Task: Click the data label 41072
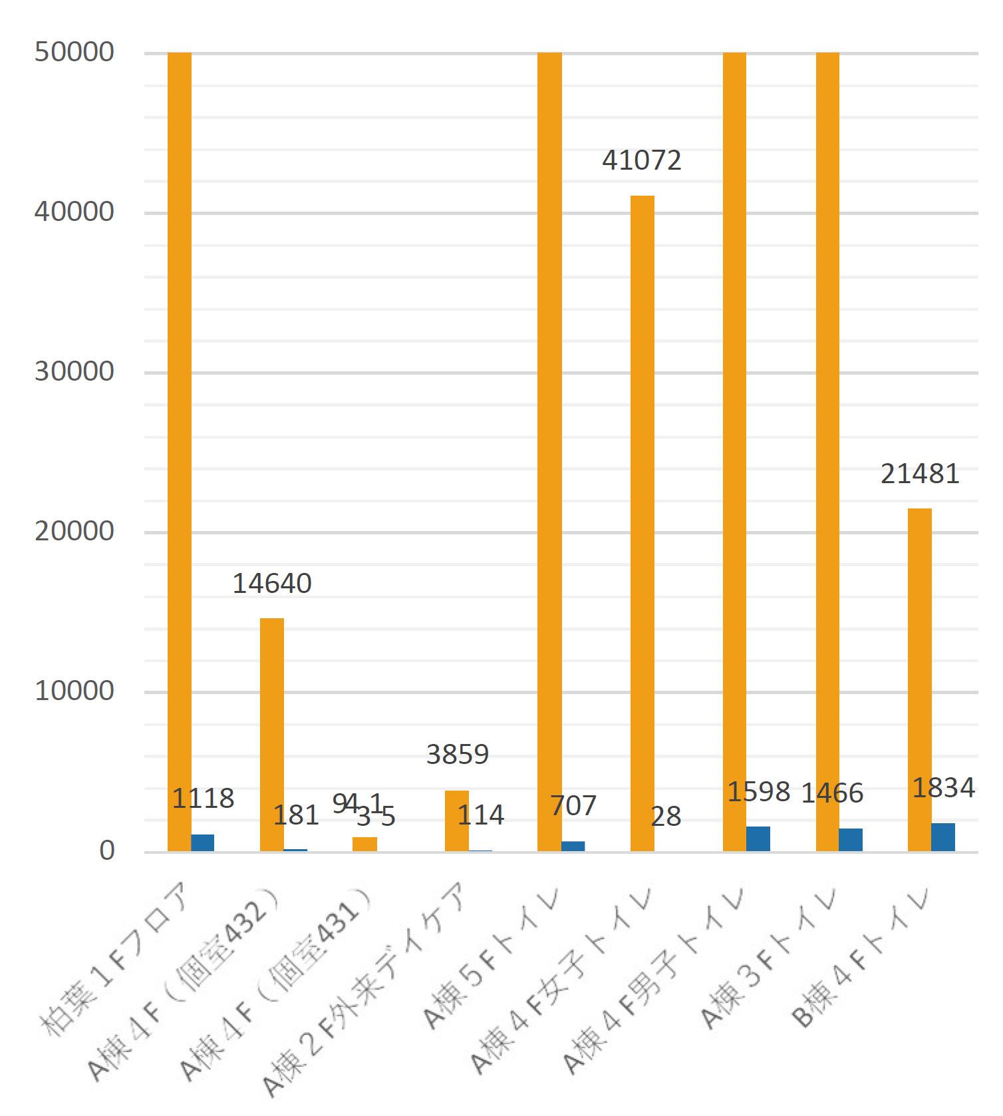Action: pyautogui.click(x=642, y=160)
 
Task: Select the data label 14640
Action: pyautogui.click(x=272, y=584)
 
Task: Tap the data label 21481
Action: pyautogui.click(x=920, y=474)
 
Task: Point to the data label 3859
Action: pyautogui.click(x=458, y=755)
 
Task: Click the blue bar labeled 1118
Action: pyautogui.click(x=203, y=842)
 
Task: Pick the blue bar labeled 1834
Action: pyautogui.click(x=943, y=837)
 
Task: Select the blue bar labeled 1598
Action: pyautogui.click(x=758, y=838)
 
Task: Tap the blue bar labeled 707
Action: pyautogui.click(x=573, y=846)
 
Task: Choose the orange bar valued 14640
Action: pyautogui.click(x=272, y=735)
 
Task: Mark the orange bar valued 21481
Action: pyautogui.click(x=920, y=679)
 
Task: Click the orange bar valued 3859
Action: pyautogui.click(x=457, y=821)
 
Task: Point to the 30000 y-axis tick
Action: pyautogui.click(x=74, y=372)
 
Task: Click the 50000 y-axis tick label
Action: pyautogui.click(x=74, y=53)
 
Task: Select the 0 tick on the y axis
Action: pyautogui.click(x=106, y=851)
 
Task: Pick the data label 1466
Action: pyautogui.click(x=832, y=793)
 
